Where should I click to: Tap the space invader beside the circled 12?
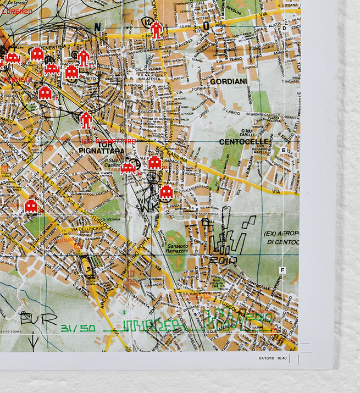click(157, 29)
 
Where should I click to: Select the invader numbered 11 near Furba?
click(166, 192)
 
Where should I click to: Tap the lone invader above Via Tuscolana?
click(31, 206)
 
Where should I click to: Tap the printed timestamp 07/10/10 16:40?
click(273, 358)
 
